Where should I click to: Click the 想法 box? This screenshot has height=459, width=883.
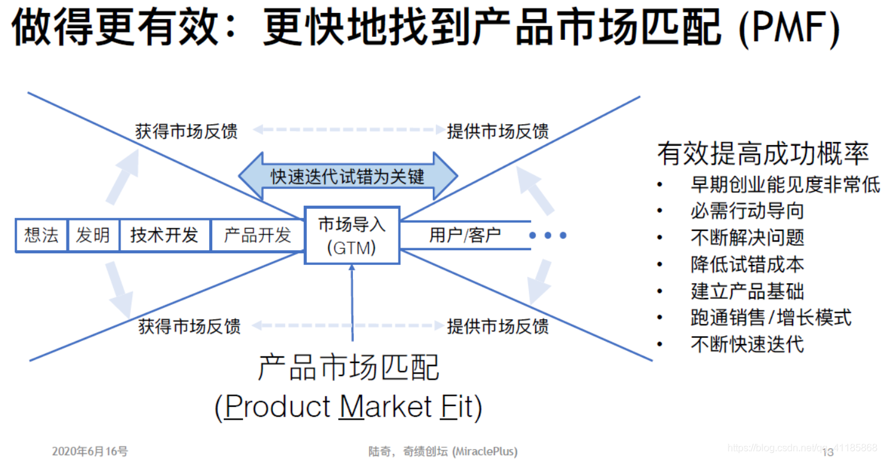tap(41, 235)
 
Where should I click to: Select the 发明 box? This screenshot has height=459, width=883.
tap(93, 235)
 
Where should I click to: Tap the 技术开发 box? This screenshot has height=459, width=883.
tap(164, 235)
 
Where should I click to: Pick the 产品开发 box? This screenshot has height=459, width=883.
tap(257, 235)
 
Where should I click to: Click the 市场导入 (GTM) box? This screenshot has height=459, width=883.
tap(352, 235)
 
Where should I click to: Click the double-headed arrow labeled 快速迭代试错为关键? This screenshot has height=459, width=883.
tap(348, 176)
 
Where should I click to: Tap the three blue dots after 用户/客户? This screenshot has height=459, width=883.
tap(547, 235)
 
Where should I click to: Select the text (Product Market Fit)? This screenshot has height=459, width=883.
tap(348, 407)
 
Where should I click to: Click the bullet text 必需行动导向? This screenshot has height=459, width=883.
tap(747, 211)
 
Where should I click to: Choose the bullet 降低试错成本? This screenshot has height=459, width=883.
tap(747, 264)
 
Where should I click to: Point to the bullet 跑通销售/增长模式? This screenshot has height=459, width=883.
tap(771, 318)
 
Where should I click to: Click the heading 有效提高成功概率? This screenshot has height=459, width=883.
tap(762, 154)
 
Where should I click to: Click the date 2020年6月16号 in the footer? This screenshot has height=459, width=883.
tap(90, 452)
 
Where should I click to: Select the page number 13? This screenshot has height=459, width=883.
tap(827, 452)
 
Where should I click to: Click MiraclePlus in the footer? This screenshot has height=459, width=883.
tap(485, 452)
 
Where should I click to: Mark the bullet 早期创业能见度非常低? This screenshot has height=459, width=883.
tap(785, 184)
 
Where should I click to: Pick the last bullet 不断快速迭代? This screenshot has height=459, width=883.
tap(747, 344)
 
